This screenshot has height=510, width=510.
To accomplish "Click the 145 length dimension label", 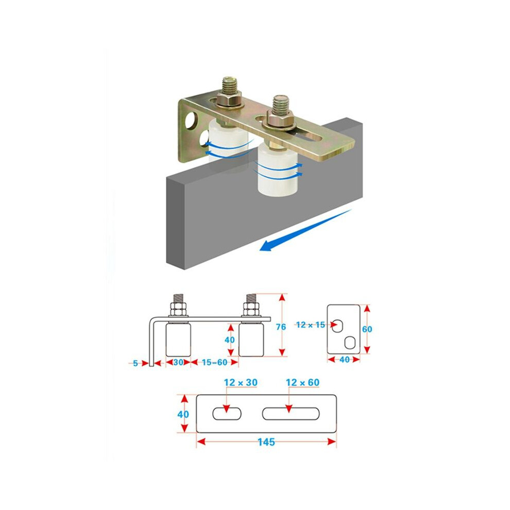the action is click(266, 441).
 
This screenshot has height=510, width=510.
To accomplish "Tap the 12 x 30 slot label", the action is click(241, 382).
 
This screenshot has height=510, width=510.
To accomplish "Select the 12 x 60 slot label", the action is click(302, 382).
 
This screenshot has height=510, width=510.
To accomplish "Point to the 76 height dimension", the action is click(281, 327).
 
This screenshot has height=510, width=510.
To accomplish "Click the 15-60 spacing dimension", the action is click(214, 362).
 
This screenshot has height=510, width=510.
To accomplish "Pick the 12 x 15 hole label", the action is click(311, 325).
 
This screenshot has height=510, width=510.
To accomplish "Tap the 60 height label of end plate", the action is click(367, 329).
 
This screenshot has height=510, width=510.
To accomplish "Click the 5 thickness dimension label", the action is click(135, 363).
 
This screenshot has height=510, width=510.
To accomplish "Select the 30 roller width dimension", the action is click(178, 362).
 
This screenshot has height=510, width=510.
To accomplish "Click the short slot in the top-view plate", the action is click(227, 413).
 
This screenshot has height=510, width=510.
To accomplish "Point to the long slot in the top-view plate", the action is click(291, 413).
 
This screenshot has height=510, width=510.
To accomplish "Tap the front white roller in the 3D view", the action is click(278, 171).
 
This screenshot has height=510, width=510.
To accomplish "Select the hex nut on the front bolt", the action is click(280, 118).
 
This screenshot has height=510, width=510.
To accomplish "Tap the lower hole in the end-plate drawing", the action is click(349, 343).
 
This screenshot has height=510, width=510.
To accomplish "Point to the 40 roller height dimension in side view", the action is click(230, 340).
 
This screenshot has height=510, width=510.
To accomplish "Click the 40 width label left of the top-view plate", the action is click(183, 414).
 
